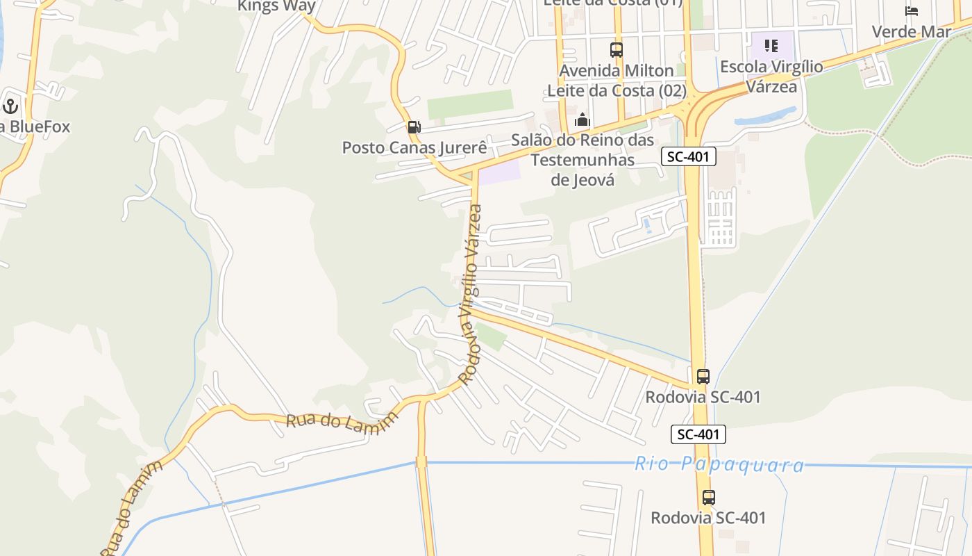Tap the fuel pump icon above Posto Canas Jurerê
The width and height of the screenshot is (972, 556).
coord(414,126)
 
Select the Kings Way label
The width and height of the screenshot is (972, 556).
coord(276,6)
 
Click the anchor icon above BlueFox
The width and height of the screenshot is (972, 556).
coord(10,106)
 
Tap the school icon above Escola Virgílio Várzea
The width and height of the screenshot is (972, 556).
coord(771,46)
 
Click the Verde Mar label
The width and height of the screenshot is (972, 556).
coord(911,31)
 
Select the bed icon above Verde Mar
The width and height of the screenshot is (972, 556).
coord(911,11)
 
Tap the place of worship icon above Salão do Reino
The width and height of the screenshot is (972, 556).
coord(583,120)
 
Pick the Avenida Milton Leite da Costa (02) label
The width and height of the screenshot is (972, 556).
coord(617,81)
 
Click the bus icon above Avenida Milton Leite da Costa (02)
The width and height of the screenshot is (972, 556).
coord(617,50)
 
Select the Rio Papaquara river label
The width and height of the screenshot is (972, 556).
coord(719,464)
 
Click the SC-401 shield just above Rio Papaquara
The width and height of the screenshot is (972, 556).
coord(698,434)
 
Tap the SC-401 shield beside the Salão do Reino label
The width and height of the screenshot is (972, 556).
coord(688,156)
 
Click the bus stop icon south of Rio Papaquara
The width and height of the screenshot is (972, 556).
coord(708,498)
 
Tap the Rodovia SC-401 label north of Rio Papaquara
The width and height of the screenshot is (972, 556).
coord(703,397)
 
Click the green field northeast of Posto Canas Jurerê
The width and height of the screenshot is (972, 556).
coord(469,104)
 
